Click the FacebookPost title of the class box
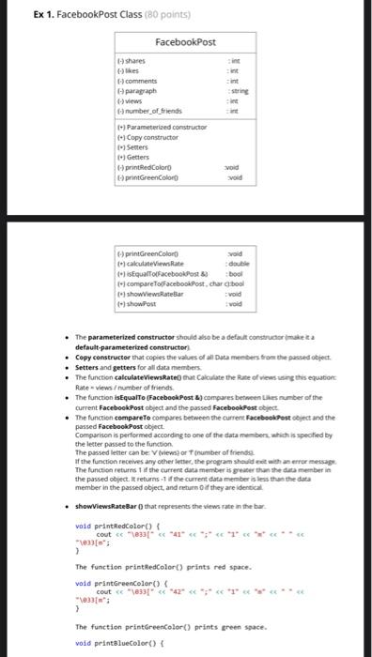[x=186, y=42]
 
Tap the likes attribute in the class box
[x=132, y=70]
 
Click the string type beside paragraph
[x=240, y=91]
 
